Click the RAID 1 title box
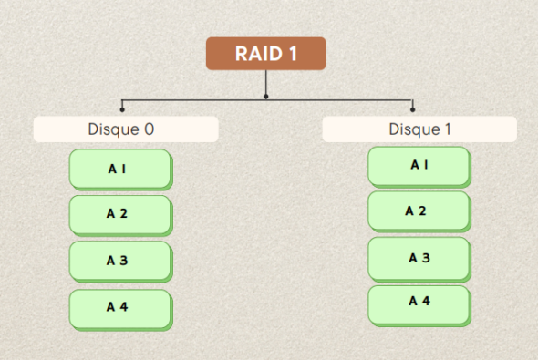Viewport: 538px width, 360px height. coord(265,54)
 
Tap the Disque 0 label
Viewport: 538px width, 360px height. coord(126,129)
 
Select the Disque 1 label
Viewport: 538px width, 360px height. coord(419,129)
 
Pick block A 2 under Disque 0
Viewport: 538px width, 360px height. coord(120,214)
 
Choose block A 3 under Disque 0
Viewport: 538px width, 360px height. coord(120,261)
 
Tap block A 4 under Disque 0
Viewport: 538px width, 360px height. coord(120,308)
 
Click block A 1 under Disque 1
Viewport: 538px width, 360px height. coord(419,165)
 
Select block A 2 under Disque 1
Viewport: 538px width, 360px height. coord(419,211)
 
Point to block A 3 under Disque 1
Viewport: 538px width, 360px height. coord(419,258)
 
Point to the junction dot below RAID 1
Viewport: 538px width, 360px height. coord(266,96)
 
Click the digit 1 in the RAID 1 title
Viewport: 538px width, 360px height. coord(294,54)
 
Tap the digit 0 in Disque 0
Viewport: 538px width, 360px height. coord(149,129)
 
